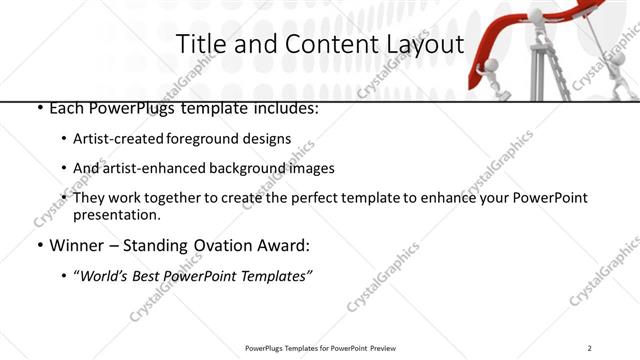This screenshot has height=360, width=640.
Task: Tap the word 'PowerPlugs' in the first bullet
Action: pos(125,107)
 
